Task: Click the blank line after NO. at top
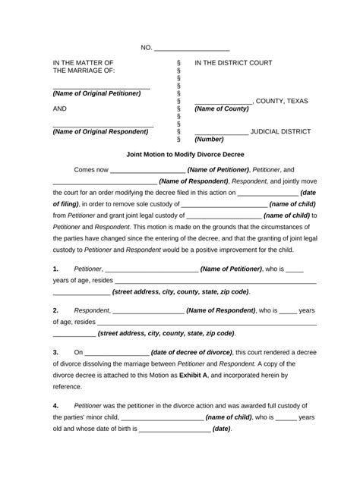coord(191,49)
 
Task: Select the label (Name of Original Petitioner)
coord(96,93)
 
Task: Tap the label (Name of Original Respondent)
coord(100,131)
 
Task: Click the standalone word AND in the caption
coord(61,108)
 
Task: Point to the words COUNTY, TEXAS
coord(285,100)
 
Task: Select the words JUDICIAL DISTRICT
coord(280,131)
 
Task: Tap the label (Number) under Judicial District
coord(209,140)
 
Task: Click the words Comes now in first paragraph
coord(90,170)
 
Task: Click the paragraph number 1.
coord(56,269)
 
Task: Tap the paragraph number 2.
coord(56,310)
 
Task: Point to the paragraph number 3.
coord(56,352)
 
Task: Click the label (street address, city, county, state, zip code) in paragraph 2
coord(166,333)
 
